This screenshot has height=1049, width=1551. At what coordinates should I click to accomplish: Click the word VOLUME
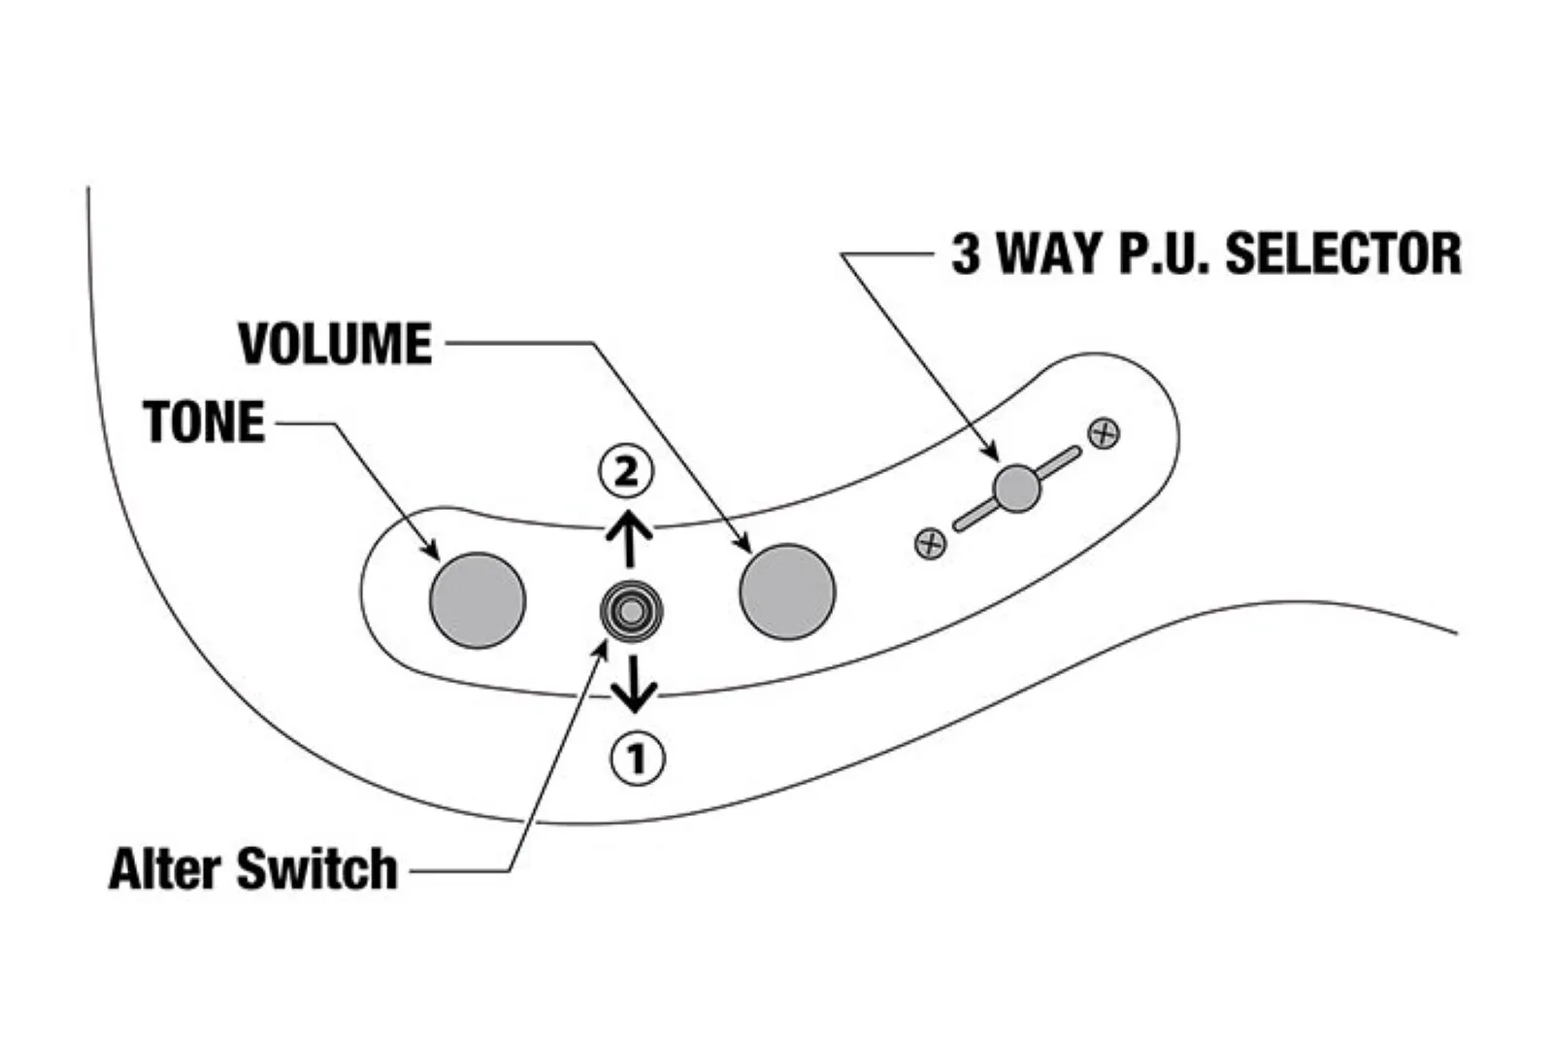coord(336,345)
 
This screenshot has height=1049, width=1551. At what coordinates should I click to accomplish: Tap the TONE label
coord(204,423)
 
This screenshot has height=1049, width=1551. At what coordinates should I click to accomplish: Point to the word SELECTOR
coord(1342,254)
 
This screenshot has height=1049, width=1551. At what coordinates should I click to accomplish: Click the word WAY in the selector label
coord(1051,254)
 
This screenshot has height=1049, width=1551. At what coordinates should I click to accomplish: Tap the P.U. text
coord(1164,254)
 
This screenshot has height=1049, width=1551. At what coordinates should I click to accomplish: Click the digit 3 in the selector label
coord(966,254)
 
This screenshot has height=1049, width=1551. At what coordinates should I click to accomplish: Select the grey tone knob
coord(478,599)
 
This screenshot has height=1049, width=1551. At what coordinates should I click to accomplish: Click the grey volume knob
coord(787,592)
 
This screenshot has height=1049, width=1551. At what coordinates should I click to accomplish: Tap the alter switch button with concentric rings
coord(631,611)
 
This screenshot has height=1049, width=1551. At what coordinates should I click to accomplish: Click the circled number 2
coord(626,472)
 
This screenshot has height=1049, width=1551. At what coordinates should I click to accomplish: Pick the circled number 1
coord(637,758)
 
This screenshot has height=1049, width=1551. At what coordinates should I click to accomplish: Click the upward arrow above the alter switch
coord(629,539)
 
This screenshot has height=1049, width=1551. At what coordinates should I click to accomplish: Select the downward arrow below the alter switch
coord(636,685)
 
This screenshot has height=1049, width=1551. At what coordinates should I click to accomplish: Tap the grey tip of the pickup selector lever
coord(1017,488)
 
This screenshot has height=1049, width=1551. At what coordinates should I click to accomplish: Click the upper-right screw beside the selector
coord(1104,433)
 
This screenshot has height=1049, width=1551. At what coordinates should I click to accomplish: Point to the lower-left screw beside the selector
coord(931,543)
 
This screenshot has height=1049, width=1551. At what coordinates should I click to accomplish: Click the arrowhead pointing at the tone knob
coord(431,551)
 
